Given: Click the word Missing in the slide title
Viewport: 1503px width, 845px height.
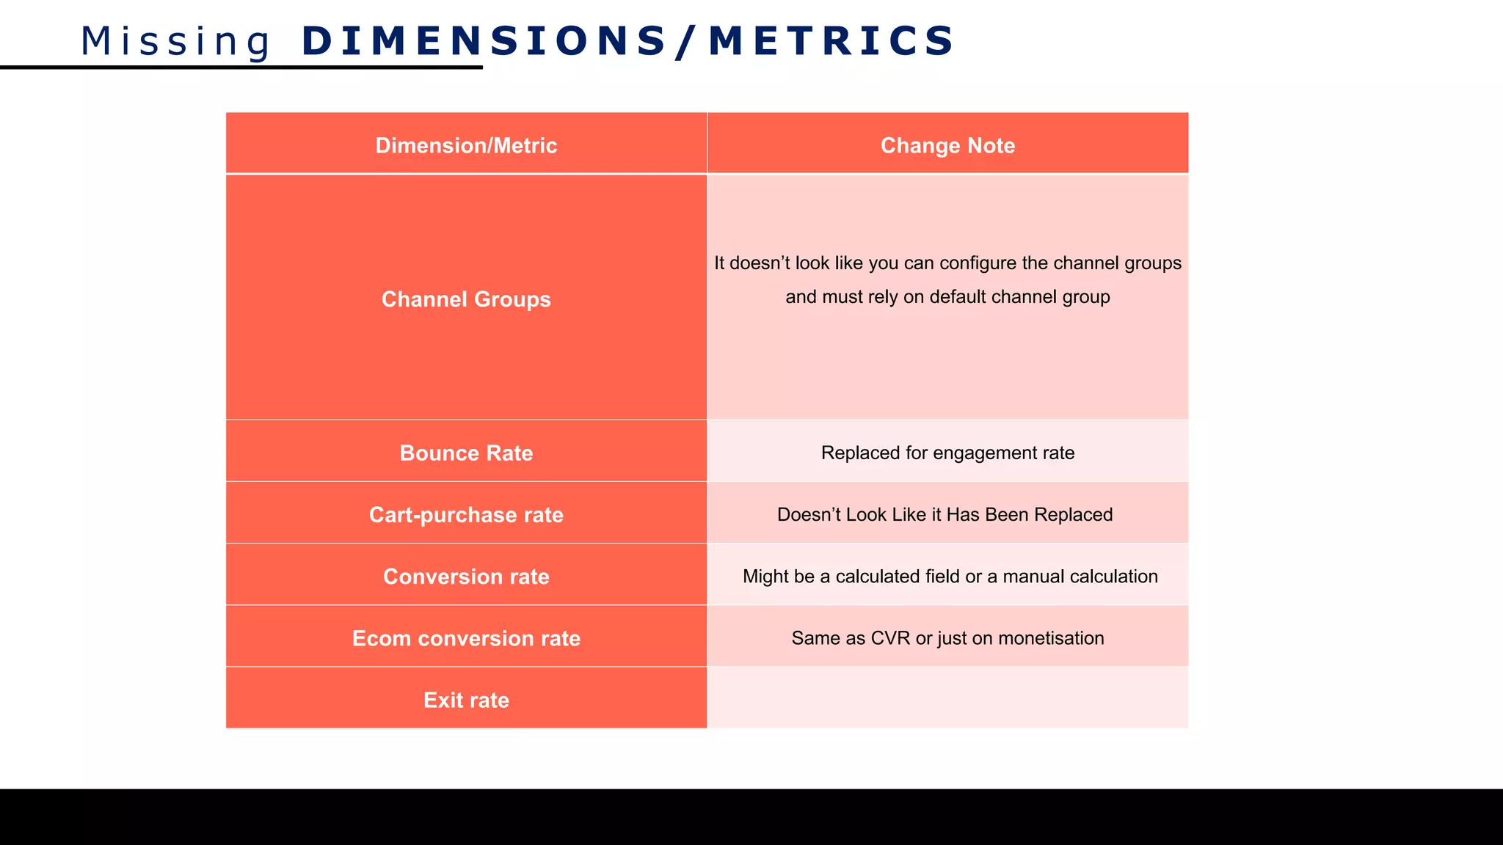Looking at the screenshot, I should tap(176, 41).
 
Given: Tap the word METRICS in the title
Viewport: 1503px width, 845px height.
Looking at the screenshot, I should tap(831, 41).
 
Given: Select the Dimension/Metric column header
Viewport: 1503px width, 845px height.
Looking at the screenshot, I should tap(466, 145).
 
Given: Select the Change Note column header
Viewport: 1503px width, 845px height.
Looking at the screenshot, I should tap(947, 145).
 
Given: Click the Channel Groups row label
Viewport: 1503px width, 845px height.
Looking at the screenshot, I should tap(466, 299).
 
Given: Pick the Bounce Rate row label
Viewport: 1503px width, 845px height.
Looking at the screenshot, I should tap(466, 453).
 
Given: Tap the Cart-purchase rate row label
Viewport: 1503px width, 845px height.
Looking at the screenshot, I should tap(466, 515).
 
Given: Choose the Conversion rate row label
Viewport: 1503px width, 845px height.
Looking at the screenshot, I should tap(466, 577).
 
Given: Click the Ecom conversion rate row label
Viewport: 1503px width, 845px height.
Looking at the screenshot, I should tap(466, 638).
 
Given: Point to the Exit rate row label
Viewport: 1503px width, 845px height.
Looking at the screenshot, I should tap(466, 700).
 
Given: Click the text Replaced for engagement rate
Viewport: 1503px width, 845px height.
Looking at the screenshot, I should tap(947, 453).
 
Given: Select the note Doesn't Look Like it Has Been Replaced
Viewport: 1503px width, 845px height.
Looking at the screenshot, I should tap(945, 515).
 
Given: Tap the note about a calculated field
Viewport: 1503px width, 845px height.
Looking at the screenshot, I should tap(950, 577).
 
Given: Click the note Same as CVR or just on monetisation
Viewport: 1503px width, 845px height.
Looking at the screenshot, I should tap(947, 638).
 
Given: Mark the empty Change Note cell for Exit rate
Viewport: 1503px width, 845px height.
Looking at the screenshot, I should tap(947, 698).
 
